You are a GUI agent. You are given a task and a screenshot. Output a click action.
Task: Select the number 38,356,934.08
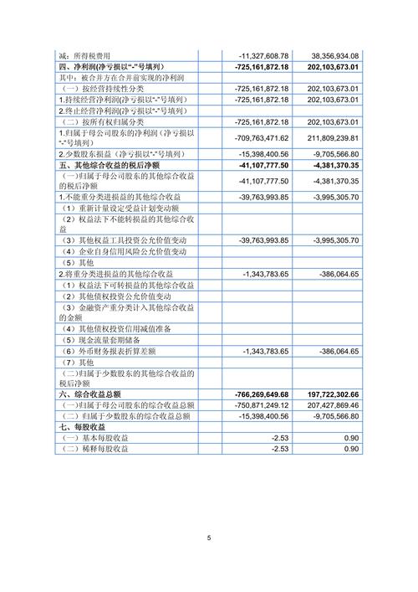333,54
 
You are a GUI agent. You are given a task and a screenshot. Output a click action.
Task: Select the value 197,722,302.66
332,394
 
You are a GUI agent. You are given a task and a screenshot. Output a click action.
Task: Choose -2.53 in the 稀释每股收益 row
280,450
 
